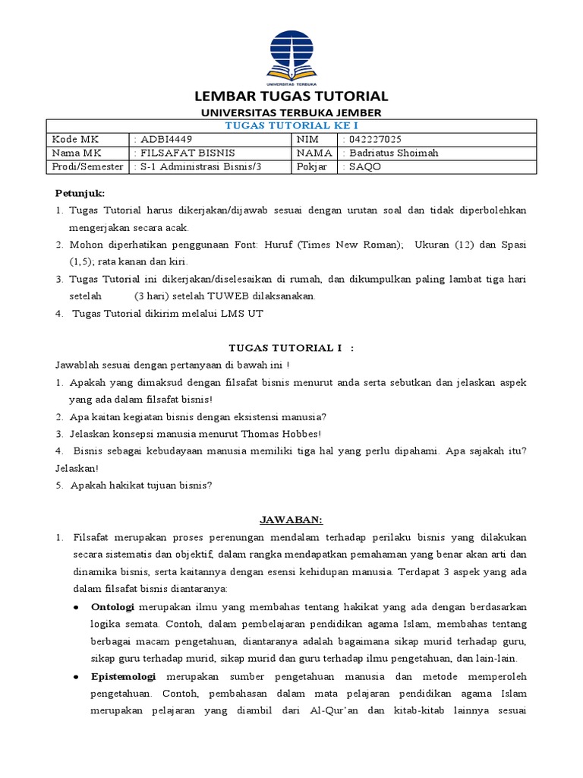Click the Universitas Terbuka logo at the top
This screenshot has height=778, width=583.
[291, 55]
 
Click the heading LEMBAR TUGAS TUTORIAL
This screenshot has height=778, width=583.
[291, 96]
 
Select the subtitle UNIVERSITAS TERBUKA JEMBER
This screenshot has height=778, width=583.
[291, 112]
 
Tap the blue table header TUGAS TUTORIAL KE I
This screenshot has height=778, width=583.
[291, 125]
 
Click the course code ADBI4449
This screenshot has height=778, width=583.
[164, 139]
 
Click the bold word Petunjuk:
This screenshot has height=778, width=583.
[80, 193]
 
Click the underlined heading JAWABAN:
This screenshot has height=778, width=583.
[291, 520]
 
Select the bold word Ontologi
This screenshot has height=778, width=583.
[112, 607]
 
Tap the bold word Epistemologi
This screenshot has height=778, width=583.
[123, 676]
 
